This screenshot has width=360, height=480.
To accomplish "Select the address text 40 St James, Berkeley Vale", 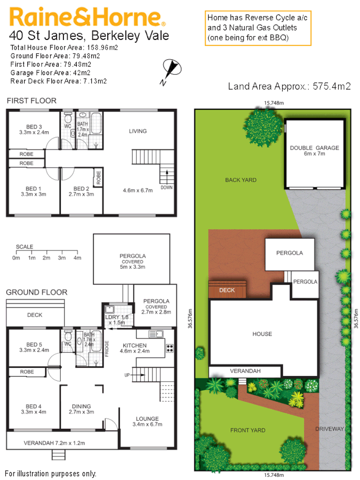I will (89, 36).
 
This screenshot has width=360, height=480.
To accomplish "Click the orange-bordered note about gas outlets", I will (258, 28).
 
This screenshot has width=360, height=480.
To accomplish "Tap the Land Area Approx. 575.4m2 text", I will (289, 86).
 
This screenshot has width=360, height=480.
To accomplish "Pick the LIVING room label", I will (138, 131).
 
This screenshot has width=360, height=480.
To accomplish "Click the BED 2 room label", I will (81, 189).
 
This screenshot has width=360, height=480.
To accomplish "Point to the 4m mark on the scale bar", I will (77, 258).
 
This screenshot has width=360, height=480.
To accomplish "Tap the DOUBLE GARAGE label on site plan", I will (314, 148).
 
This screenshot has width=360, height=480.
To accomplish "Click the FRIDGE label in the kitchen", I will (107, 347).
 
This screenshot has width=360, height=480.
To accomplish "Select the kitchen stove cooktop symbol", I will (170, 349).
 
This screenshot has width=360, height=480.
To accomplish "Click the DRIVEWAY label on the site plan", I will (329, 429).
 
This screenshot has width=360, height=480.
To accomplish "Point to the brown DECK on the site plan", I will (227, 291).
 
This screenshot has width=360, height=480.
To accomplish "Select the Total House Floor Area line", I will (64, 47).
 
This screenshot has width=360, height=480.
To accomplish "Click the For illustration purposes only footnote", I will (51, 473).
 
